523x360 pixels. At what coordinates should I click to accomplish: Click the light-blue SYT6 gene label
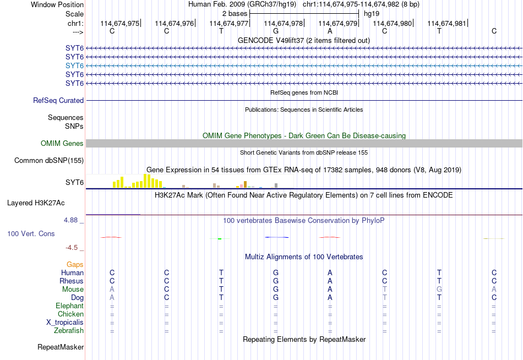[x=74, y=66]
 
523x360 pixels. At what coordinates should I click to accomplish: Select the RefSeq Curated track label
[x=58, y=100]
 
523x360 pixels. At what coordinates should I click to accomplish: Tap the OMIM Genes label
[x=62, y=144]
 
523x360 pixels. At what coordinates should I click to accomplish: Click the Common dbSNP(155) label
[x=49, y=161]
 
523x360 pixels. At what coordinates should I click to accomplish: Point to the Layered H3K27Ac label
[x=36, y=203]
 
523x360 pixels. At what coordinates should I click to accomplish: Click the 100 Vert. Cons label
[x=31, y=233]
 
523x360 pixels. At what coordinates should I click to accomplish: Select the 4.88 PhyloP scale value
[x=70, y=220]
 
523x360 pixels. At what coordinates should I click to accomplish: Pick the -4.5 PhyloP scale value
[x=72, y=248]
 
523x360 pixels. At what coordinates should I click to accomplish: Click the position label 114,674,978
[x=283, y=23]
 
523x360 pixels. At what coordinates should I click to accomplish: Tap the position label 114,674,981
[x=446, y=23]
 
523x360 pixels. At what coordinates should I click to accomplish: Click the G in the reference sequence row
[x=275, y=31]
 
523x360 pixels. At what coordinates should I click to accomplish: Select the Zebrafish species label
[x=69, y=331]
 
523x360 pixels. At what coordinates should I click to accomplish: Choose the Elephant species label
[x=70, y=306]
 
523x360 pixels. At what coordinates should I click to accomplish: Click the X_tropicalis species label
[x=65, y=323]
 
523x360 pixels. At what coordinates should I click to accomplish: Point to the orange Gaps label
[x=75, y=265]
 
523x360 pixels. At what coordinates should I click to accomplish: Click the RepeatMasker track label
[x=61, y=347]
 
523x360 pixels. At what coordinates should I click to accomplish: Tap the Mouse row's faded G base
[x=439, y=290]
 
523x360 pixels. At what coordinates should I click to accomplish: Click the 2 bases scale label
[x=235, y=14]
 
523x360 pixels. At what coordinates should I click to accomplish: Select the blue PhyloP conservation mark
[x=277, y=237]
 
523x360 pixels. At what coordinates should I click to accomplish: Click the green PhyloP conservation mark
[x=220, y=239]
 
